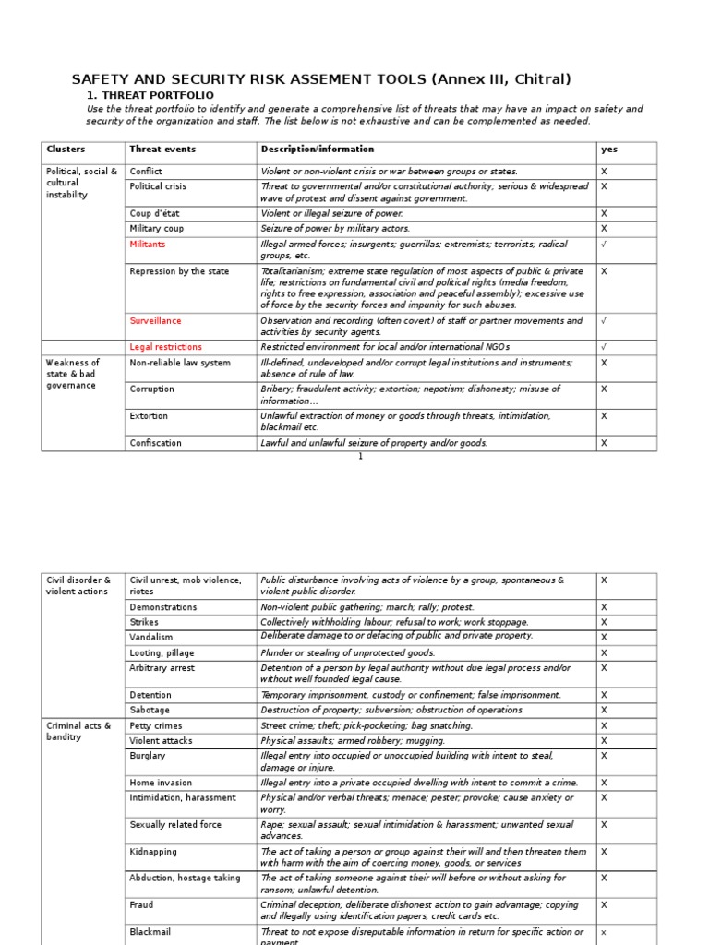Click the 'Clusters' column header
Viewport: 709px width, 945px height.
(x=66, y=150)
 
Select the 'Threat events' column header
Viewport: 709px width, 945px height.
(x=162, y=150)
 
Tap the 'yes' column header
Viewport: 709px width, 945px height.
(x=609, y=150)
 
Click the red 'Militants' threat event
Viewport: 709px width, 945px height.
(x=148, y=245)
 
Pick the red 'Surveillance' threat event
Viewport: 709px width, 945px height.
(x=155, y=321)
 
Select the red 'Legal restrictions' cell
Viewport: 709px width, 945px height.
(x=165, y=347)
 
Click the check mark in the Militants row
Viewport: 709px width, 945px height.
(x=605, y=245)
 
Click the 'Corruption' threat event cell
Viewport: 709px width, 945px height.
(x=151, y=389)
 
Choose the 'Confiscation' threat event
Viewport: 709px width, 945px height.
(x=155, y=443)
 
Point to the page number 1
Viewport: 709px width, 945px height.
(x=361, y=456)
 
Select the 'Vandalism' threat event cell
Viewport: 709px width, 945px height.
(x=150, y=638)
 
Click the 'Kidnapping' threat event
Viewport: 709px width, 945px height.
(x=153, y=852)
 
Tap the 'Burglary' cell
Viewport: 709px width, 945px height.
(x=148, y=756)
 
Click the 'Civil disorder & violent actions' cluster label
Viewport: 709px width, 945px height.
(x=78, y=586)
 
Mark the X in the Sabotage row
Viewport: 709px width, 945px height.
(x=605, y=711)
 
